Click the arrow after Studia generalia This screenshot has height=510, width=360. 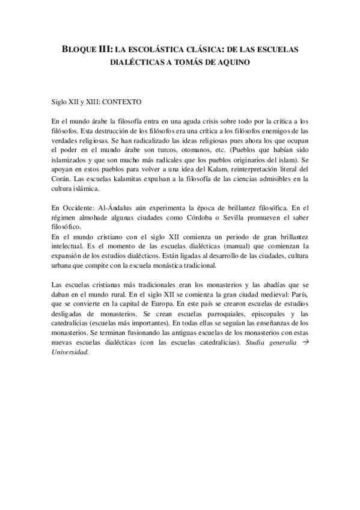pyautogui.click(x=305, y=343)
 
